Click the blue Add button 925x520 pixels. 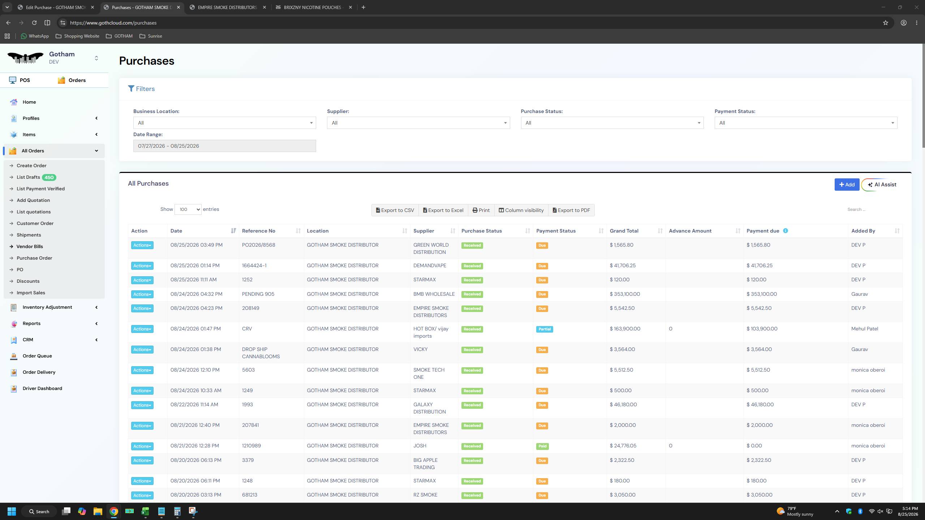click(x=847, y=185)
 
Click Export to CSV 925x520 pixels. click(x=395, y=210)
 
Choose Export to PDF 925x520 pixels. click(x=571, y=210)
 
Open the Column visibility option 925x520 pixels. click(x=521, y=210)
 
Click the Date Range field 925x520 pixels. click(x=224, y=146)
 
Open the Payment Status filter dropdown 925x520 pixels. click(x=806, y=123)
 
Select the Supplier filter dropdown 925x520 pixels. click(x=418, y=123)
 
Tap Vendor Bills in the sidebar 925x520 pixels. click(x=30, y=246)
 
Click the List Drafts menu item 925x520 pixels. click(x=28, y=177)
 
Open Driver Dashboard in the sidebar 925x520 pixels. click(x=42, y=388)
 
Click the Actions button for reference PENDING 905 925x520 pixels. click(x=142, y=294)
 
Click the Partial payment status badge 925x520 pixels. click(x=545, y=329)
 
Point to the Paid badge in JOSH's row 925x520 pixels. click(x=542, y=446)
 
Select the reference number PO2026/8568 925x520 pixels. click(x=258, y=245)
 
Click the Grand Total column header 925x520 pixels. click(x=624, y=231)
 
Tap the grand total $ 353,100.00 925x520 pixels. click(x=625, y=294)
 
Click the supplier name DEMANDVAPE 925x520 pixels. click(x=430, y=265)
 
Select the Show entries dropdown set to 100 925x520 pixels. click(x=188, y=209)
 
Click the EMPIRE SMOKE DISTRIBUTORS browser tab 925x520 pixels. click(x=227, y=7)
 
